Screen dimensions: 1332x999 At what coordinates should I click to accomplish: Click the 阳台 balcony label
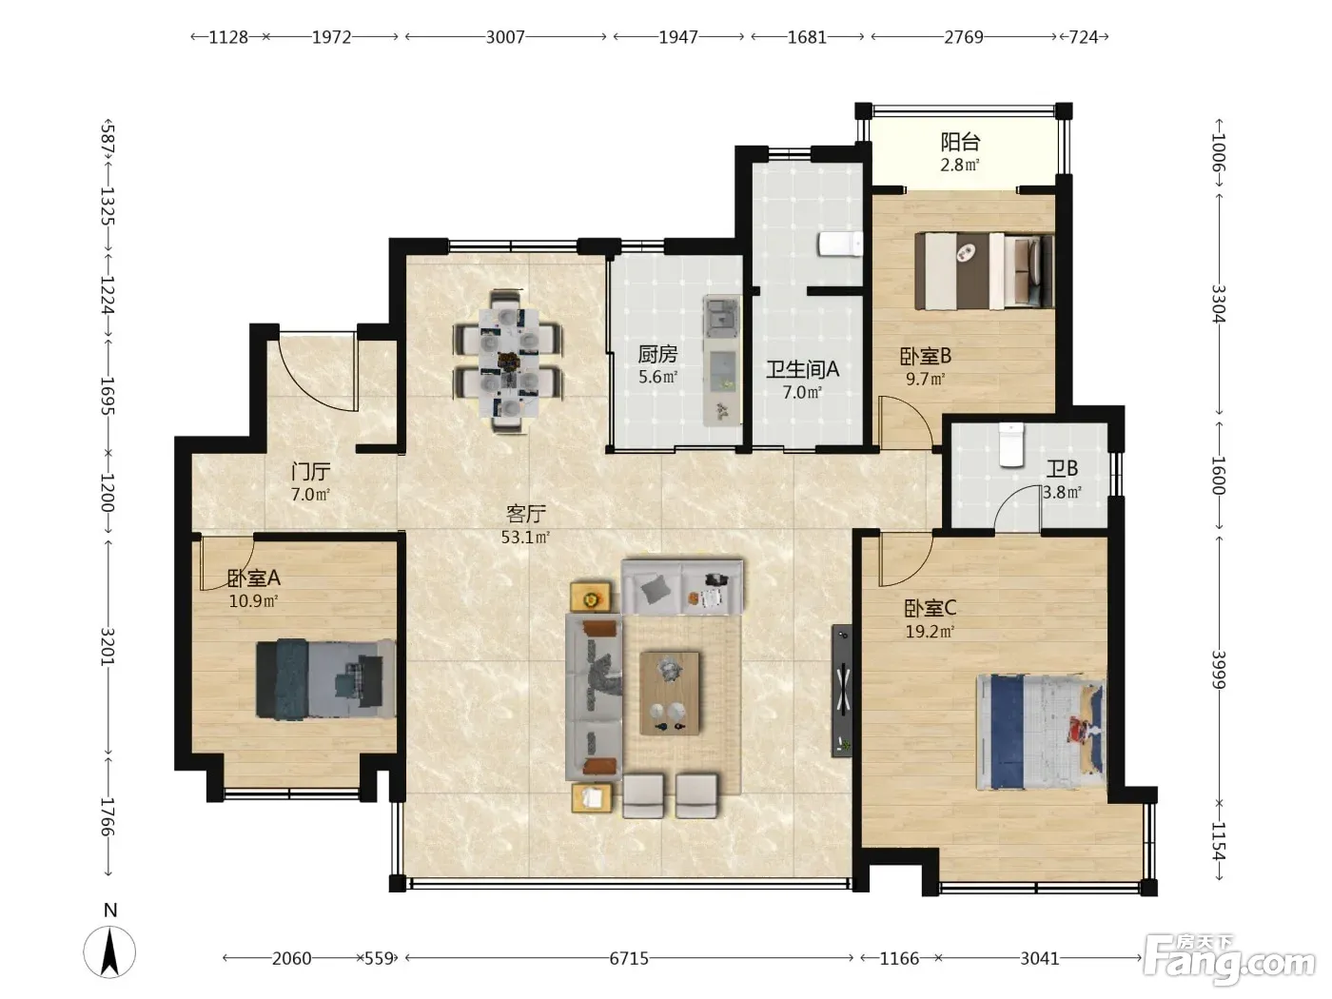point(960,142)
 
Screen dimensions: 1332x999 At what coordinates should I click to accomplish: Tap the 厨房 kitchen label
point(657,354)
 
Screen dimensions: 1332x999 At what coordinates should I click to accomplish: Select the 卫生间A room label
point(802,369)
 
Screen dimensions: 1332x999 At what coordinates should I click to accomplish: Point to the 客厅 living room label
point(525,514)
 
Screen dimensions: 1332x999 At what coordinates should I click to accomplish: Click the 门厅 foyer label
point(311,471)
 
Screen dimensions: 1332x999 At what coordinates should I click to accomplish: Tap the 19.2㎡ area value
point(930,632)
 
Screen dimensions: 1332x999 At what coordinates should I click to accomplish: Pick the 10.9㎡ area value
point(253,601)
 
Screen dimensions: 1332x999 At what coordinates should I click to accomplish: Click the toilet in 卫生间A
point(840,245)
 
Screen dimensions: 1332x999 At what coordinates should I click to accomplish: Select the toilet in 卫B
point(1011,445)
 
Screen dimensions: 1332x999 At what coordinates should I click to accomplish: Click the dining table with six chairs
point(508,362)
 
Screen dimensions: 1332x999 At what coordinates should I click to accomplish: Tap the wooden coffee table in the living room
point(670,693)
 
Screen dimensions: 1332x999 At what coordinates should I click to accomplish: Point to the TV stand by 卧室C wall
point(842,691)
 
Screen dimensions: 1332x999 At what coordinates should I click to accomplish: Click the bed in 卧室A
point(326,678)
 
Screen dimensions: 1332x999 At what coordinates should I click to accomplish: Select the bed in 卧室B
point(984,270)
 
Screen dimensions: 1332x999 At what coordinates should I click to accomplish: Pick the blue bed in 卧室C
point(1040,732)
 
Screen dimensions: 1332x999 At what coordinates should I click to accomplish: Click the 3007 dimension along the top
point(505,37)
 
